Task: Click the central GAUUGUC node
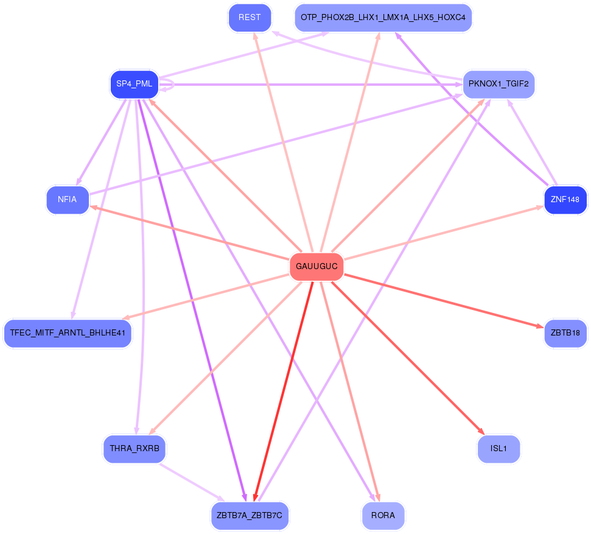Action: (x=316, y=267)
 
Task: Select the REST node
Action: (x=250, y=18)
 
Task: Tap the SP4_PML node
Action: (x=135, y=84)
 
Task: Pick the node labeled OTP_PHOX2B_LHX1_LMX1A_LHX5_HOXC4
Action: (x=383, y=18)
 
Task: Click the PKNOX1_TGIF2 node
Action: (x=498, y=84)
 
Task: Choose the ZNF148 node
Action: (x=565, y=200)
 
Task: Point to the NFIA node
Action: (x=68, y=200)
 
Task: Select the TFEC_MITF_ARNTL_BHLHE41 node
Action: (x=68, y=333)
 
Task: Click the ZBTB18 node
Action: (x=565, y=333)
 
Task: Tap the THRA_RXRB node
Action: (x=135, y=449)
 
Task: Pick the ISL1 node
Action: (x=498, y=449)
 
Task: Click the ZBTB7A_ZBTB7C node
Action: (x=250, y=516)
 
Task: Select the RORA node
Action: (x=383, y=516)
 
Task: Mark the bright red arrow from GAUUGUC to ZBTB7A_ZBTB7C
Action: (x=284, y=391)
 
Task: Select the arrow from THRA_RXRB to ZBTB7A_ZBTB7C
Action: (x=192, y=482)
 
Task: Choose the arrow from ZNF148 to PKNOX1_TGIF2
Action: (x=532, y=142)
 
